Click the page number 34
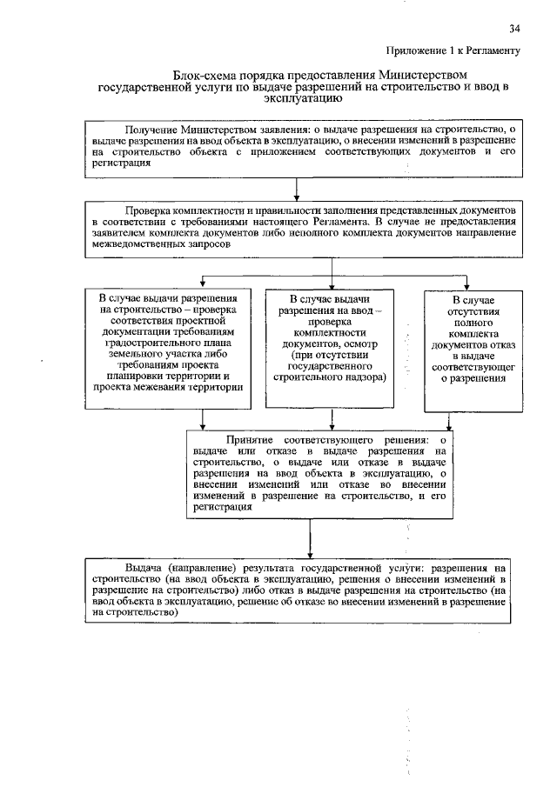point(513,30)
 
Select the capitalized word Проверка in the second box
point(154,211)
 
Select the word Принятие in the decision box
point(252,439)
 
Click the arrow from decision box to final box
point(299,543)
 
